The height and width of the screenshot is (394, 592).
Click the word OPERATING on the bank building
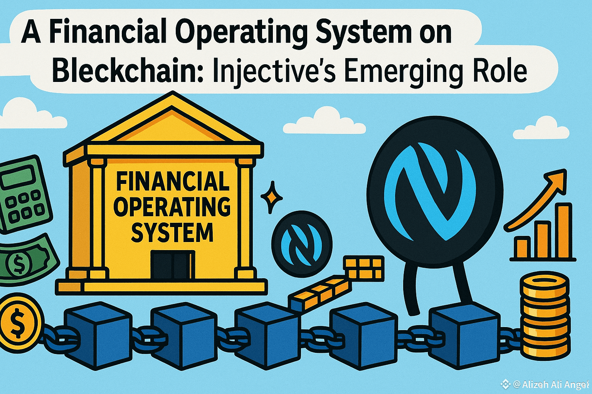pyautogui.click(x=172, y=207)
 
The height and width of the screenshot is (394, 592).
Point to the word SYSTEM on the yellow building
pyautogui.click(x=172, y=232)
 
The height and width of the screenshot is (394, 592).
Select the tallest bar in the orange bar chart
pyautogui.click(x=563, y=231)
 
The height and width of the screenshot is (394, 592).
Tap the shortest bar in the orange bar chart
pyautogui.click(x=523, y=248)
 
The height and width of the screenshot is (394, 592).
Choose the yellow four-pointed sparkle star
pyautogui.click(x=271, y=197)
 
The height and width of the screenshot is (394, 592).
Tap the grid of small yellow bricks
pyautogui.click(x=363, y=268)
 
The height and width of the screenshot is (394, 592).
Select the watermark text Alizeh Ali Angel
pyautogui.click(x=550, y=384)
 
